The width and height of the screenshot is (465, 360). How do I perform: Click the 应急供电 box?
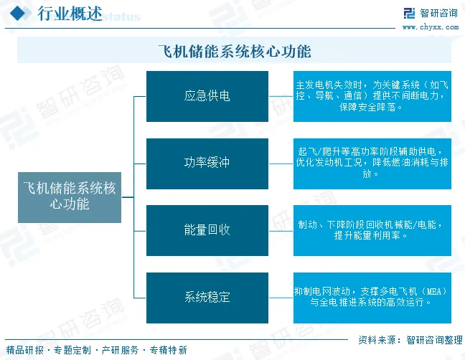(x=207, y=96)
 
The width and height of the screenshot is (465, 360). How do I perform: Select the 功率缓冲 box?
(x=207, y=163)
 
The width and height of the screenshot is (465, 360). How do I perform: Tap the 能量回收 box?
(x=207, y=229)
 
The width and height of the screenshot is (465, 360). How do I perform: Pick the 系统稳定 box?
(x=207, y=297)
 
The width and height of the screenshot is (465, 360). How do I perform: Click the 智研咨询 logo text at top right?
(x=438, y=13)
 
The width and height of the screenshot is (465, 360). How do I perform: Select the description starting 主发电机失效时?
(x=372, y=96)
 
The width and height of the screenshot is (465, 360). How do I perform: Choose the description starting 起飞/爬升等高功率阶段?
(x=372, y=163)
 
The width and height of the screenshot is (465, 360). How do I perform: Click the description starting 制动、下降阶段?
(x=372, y=229)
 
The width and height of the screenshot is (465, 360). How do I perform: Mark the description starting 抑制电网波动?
(x=372, y=297)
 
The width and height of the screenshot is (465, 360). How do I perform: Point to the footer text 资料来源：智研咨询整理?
(x=409, y=340)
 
